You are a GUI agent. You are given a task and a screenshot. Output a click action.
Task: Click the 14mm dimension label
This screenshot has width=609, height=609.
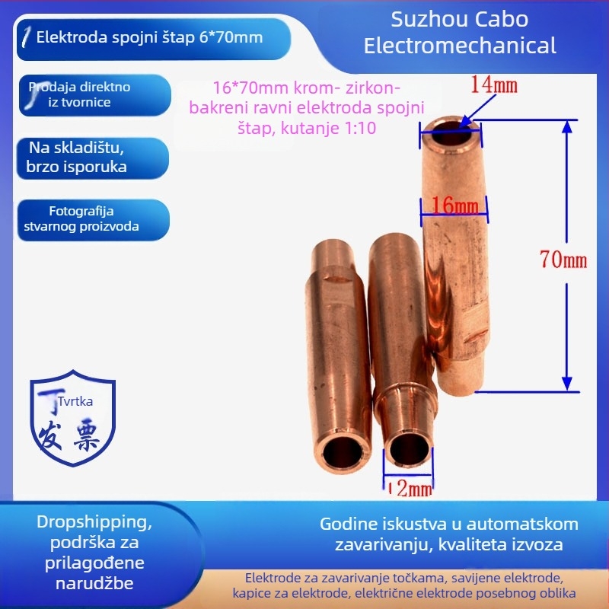coord(494,84)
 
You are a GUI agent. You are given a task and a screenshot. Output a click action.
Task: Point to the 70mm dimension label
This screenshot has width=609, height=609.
coord(563,260)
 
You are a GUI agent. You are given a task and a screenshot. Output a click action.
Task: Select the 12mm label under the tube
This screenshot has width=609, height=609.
coord(410,488)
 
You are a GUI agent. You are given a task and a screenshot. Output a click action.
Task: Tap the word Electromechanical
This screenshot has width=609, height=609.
coord(460,45)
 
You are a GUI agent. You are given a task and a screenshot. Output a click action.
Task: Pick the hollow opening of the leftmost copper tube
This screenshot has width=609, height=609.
coord(336,454)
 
